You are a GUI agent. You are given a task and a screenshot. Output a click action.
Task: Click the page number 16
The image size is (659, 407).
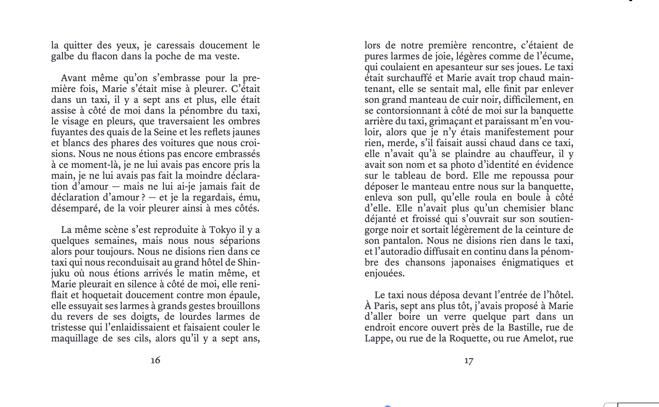[x=156, y=360]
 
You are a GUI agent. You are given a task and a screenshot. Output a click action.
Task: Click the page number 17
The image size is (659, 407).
[x=469, y=361]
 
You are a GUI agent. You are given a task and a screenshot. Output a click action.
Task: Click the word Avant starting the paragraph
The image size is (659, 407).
[x=74, y=78]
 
